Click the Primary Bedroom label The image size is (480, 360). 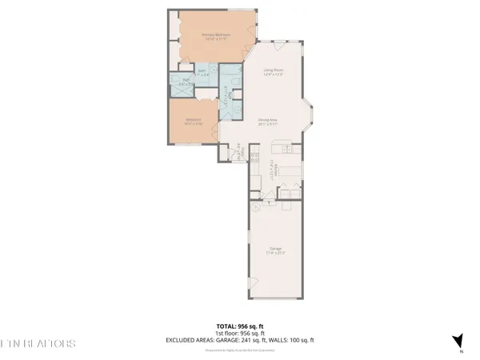pyautogui.click(x=213, y=37)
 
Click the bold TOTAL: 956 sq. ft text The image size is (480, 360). pyautogui.click(x=239, y=326)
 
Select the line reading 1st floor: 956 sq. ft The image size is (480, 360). pyautogui.click(x=239, y=333)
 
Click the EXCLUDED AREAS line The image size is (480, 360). pyautogui.click(x=239, y=340)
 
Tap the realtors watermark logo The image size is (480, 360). pyautogui.click(x=38, y=343)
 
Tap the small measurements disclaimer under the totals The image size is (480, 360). pyautogui.click(x=239, y=349)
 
